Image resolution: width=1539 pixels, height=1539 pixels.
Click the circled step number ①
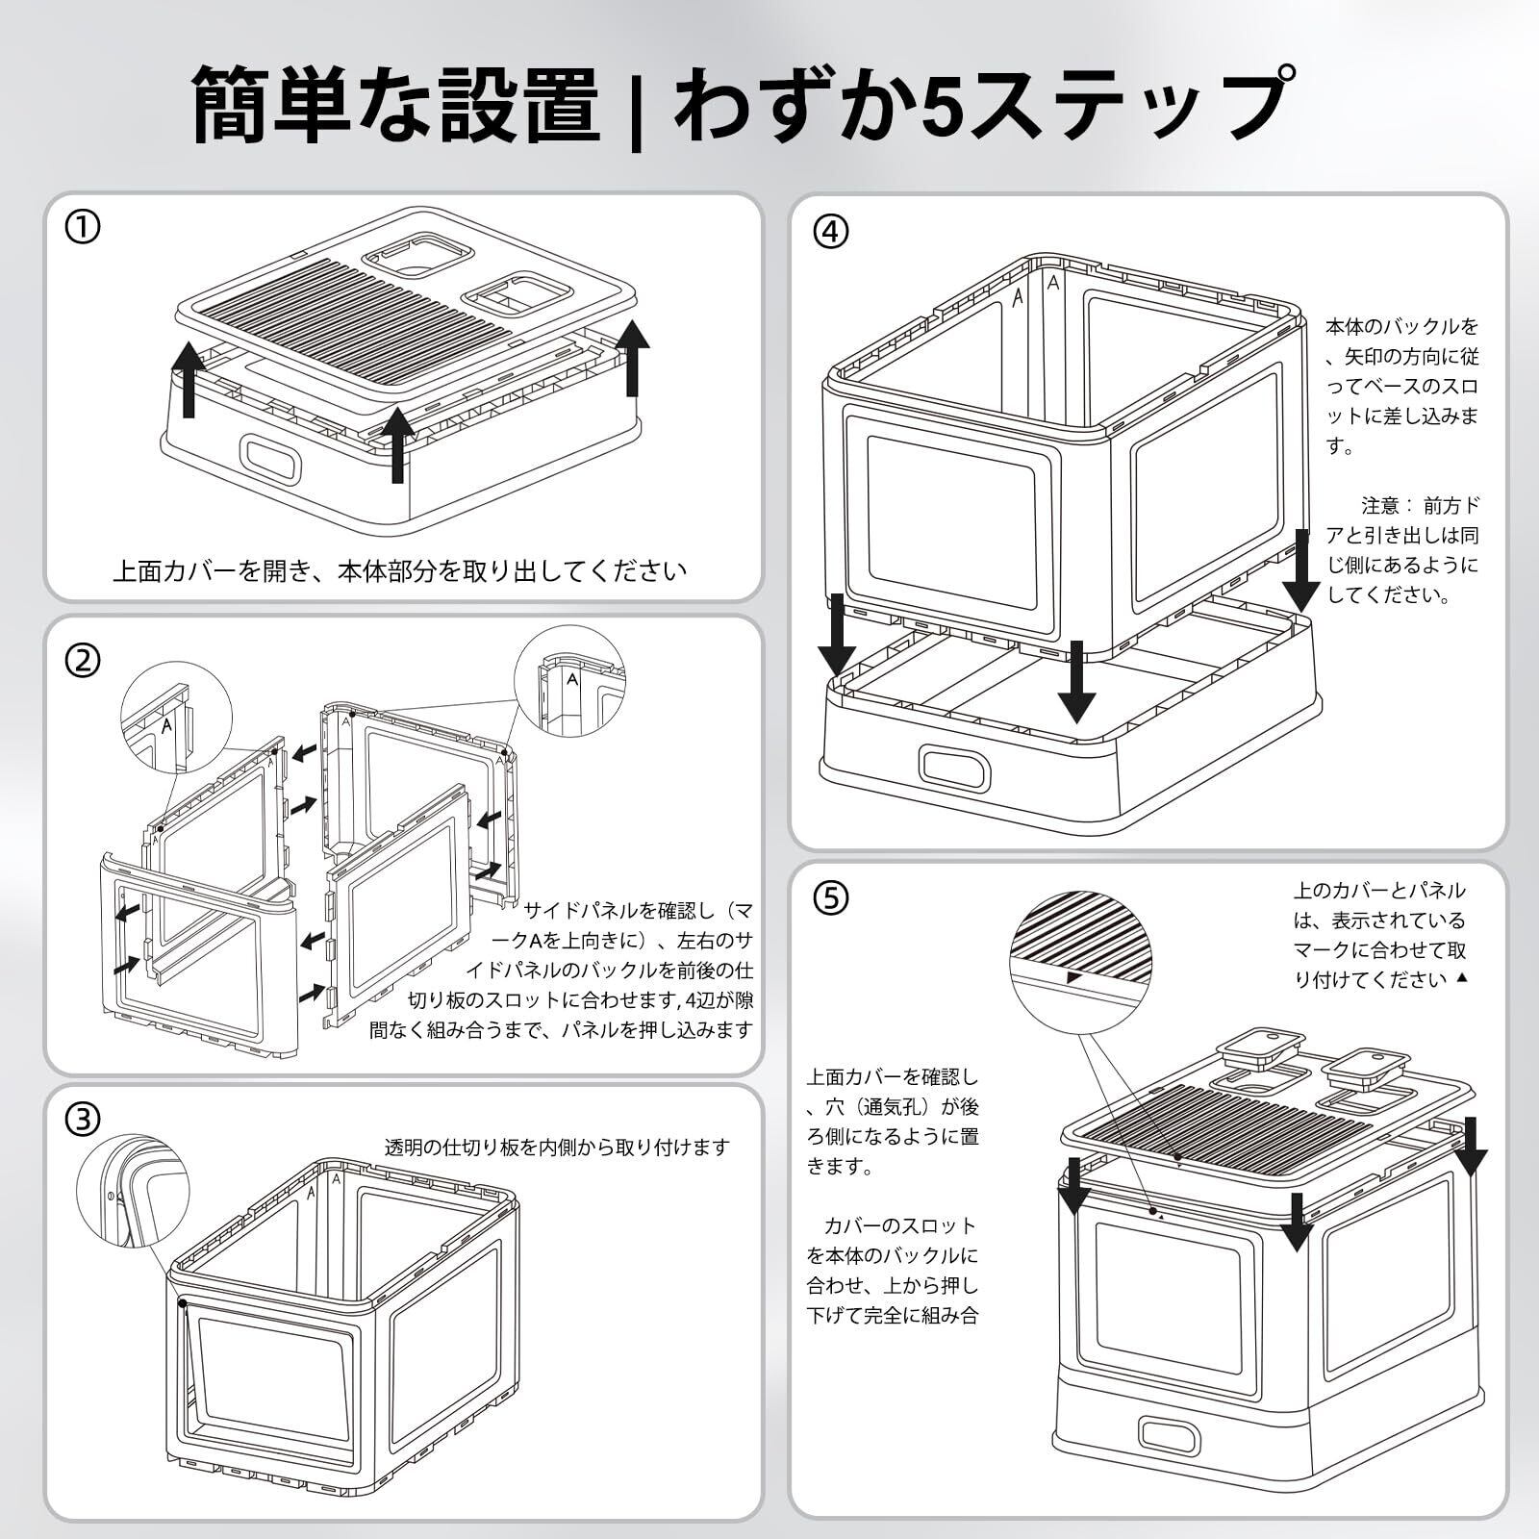point(83,228)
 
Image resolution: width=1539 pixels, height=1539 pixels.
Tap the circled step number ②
point(83,661)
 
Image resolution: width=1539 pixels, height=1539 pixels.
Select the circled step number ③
point(83,1119)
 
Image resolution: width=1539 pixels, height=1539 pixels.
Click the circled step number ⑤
point(831,897)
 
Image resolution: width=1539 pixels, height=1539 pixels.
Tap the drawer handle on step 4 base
point(954,767)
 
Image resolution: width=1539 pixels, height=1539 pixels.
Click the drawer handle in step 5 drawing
point(1170,1434)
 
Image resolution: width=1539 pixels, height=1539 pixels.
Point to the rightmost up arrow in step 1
point(632,358)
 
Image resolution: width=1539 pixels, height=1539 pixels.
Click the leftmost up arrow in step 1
point(189,379)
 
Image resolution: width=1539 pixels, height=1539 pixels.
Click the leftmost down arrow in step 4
point(837,635)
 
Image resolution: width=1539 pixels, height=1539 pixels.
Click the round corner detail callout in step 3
point(133,1191)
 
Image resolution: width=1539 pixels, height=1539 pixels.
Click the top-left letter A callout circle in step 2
point(176,717)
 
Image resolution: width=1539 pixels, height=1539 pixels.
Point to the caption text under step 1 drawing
point(400,571)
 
